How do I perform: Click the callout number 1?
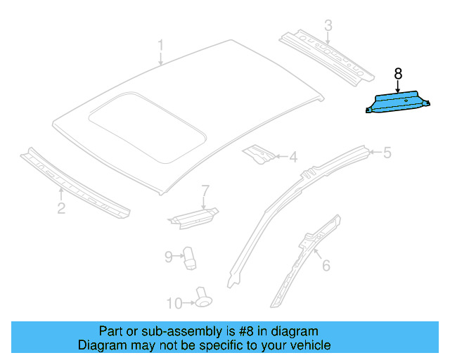coord(160,46)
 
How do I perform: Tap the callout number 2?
coord(61,207)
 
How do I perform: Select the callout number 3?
coord(328,26)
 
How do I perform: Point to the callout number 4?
coord(293,157)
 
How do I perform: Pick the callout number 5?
coord(387,152)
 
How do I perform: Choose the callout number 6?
coord(326,265)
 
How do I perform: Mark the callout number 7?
coord(205,191)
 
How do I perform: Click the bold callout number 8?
coord(398,73)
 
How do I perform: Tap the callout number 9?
coord(169,257)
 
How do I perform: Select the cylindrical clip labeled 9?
coord(191,258)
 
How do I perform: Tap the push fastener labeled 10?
coord(203,297)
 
